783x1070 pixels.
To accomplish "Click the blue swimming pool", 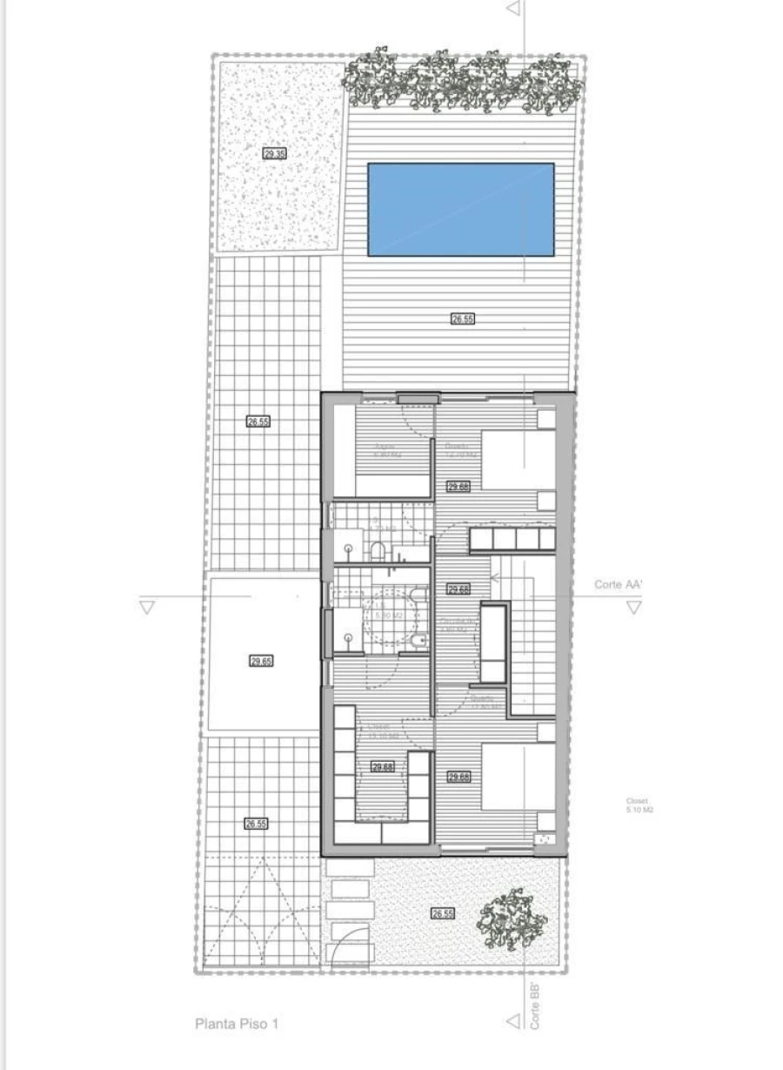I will pos(460,209).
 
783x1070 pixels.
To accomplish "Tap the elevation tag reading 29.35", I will pos(274,153).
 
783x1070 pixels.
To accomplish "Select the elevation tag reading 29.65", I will pos(261,662).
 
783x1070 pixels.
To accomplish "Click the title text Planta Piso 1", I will pos(237,1025).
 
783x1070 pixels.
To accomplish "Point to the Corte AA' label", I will pos(619,584).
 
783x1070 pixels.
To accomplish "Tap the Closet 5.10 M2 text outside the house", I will pos(639,805).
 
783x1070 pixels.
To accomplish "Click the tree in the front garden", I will pos(513,919).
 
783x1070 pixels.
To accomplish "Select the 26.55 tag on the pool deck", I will pos(462,320).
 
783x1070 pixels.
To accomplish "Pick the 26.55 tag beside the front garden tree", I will pos(443,913).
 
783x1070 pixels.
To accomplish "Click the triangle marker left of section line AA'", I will pos(147,608).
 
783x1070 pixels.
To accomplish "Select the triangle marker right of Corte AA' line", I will pos(634,608).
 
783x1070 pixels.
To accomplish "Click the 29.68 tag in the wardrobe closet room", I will pos(383,767).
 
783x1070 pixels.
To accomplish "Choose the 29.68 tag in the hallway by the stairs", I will pos(458,589).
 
